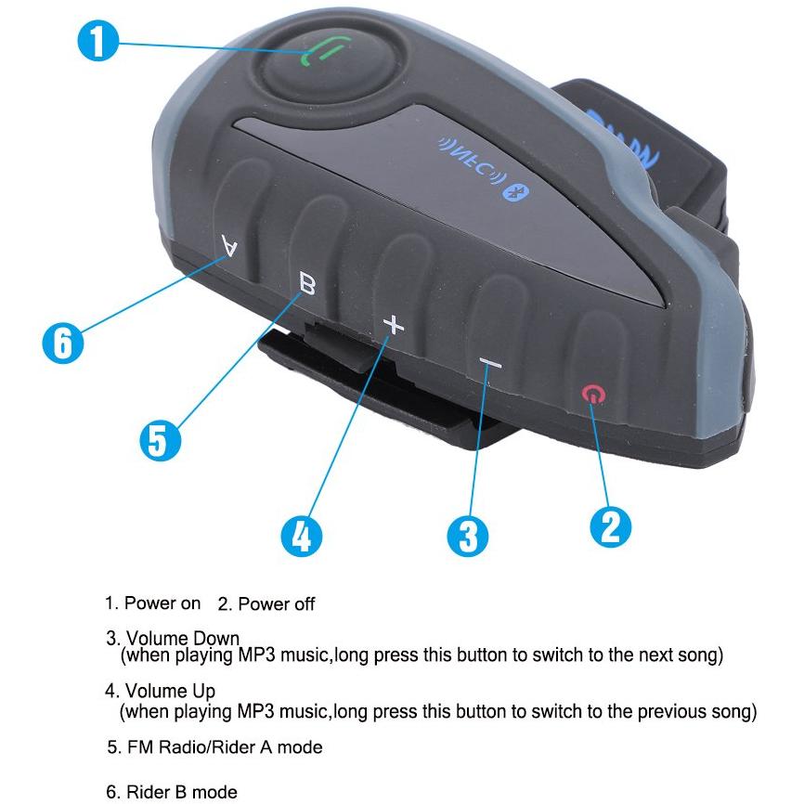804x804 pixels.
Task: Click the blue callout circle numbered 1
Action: pyautogui.click(x=97, y=41)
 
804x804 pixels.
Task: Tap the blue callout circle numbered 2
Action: pyautogui.click(x=610, y=526)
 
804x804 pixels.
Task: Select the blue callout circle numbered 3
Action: pyautogui.click(x=468, y=536)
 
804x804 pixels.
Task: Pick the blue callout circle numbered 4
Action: pyautogui.click(x=302, y=536)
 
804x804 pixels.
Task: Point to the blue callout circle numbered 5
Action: pyautogui.click(x=160, y=440)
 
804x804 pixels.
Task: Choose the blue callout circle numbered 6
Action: pyautogui.click(x=62, y=343)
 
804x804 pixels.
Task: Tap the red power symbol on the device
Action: pyautogui.click(x=593, y=395)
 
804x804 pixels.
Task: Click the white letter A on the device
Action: pyautogui.click(x=229, y=245)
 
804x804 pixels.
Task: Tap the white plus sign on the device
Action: pyautogui.click(x=394, y=325)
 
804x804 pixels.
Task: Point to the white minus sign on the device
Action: pyautogui.click(x=491, y=364)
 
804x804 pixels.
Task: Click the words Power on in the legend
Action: pyautogui.click(x=162, y=603)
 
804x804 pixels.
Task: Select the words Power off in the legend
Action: pyautogui.click(x=277, y=604)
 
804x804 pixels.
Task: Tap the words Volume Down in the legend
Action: pyautogui.click(x=183, y=639)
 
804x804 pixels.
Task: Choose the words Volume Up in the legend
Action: pyautogui.click(x=170, y=691)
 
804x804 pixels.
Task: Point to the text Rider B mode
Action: pyautogui.click(x=182, y=792)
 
